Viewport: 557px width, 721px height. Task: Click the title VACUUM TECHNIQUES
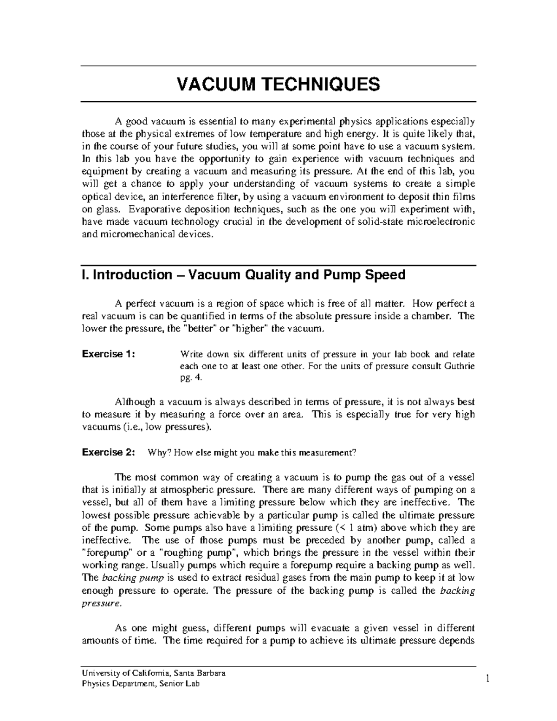(278, 84)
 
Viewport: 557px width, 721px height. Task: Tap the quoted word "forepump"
(105, 553)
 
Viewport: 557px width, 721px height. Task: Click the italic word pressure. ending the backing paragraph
(102, 604)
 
